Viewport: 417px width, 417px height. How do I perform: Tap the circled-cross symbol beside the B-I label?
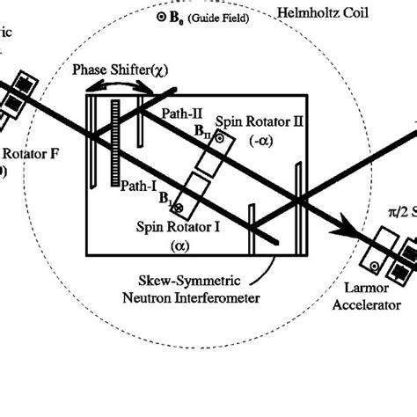pyautogui.click(x=177, y=208)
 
